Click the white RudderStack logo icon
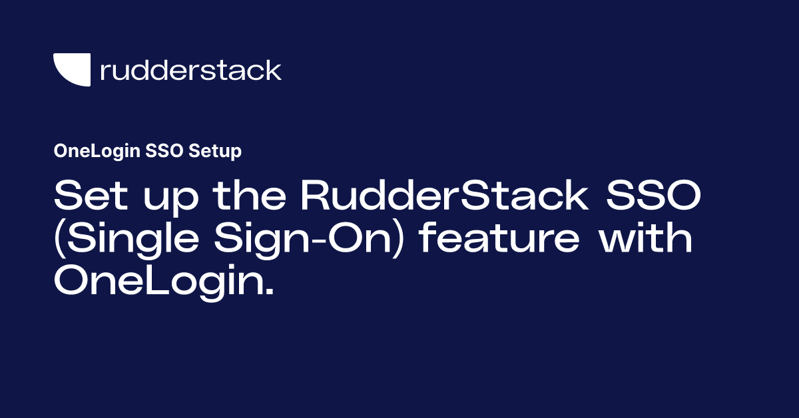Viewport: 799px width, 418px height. tap(72, 70)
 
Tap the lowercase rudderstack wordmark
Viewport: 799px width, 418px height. tap(190, 70)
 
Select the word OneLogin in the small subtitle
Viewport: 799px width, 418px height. tap(96, 152)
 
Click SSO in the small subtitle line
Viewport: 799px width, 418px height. tap(164, 152)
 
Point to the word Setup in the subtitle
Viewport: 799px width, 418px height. tap(215, 152)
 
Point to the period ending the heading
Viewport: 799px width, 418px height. tap(270, 294)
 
